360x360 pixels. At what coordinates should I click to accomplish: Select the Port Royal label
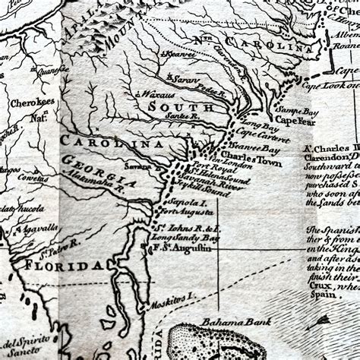pyautogui.click(x=210, y=166)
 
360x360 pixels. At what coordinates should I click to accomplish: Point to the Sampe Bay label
pyautogui.click(x=297, y=111)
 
